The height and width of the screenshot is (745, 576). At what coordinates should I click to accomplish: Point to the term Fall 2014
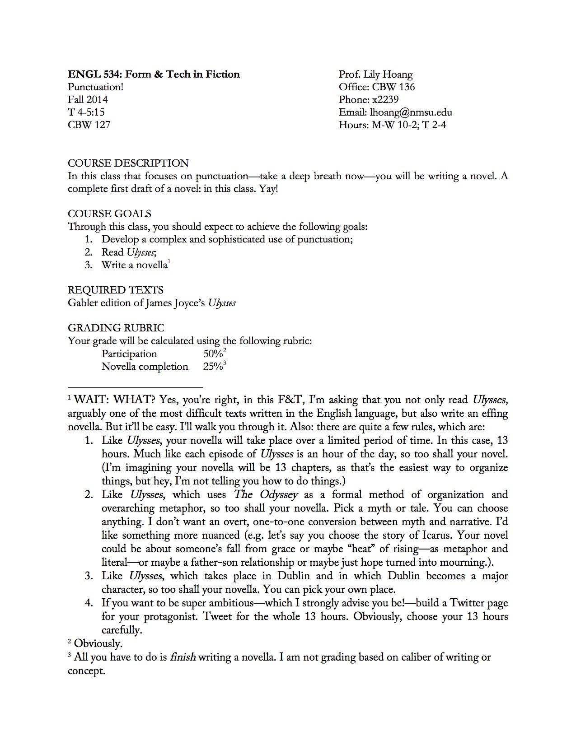(88, 100)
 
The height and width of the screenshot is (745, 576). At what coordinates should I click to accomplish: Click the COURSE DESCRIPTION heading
(128, 163)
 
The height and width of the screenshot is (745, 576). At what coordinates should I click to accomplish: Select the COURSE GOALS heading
(109, 214)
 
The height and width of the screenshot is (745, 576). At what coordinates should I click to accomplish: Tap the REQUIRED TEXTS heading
(116, 290)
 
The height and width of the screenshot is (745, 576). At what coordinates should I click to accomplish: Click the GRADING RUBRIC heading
(116, 328)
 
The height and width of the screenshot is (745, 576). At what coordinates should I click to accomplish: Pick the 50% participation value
(213, 354)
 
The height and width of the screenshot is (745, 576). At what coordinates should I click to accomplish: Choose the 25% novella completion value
(213, 367)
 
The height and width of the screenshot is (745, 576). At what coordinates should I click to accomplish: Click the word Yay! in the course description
(268, 189)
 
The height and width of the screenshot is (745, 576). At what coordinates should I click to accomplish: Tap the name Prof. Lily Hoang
(375, 74)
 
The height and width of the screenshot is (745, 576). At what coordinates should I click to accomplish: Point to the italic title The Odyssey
(266, 495)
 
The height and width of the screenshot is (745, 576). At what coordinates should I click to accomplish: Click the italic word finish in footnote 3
(183, 657)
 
